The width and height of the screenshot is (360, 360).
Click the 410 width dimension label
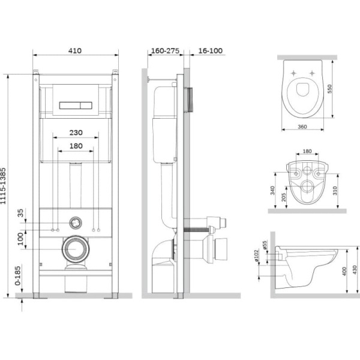tap(75, 50)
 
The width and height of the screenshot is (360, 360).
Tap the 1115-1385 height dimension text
tap(3, 186)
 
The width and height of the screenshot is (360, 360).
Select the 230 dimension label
tap(76, 133)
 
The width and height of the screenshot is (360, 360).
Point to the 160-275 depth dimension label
tap(165, 51)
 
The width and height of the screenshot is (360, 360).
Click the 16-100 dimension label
tap(211, 51)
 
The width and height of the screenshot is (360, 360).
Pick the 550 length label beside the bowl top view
tap(329, 89)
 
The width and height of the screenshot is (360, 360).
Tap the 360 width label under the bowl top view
tap(302, 127)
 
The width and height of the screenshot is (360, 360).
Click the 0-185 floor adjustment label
tap(18, 276)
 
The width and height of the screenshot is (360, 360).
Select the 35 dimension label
tap(20, 213)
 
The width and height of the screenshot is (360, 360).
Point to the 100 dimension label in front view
tap(20, 239)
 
